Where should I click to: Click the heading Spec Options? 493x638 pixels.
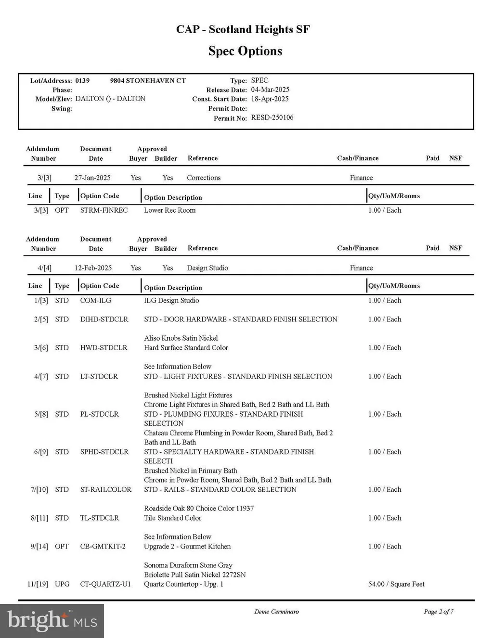[x=245, y=51]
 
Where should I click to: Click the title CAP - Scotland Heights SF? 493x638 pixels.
[x=243, y=29]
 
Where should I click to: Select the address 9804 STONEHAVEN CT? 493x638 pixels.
[x=148, y=80]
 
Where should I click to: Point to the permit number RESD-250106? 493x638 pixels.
[x=272, y=117]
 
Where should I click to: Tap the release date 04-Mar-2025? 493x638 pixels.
[x=270, y=89]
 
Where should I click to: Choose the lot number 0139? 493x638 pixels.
[x=82, y=80]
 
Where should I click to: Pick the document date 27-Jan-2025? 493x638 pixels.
[x=92, y=178]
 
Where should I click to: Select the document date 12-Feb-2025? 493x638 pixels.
[x=93, y=268]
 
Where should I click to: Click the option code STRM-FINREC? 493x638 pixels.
[x=104, y=210]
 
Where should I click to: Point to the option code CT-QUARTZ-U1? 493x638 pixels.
[x=105, y=584]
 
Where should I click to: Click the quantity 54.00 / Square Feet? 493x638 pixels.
[x=396, y=584]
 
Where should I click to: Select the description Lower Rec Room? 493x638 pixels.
[x=170, y=210]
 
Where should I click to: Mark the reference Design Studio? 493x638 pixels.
[x=208, y=268]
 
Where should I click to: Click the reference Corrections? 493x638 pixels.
[x=204, y=178]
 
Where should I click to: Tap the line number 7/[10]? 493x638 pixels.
[x=39, y=490]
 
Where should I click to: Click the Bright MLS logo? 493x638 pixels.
[x=52, y=621]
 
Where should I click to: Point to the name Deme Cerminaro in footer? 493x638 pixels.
[x=276, y=612]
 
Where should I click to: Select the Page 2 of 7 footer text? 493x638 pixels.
[x=439, y=612]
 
